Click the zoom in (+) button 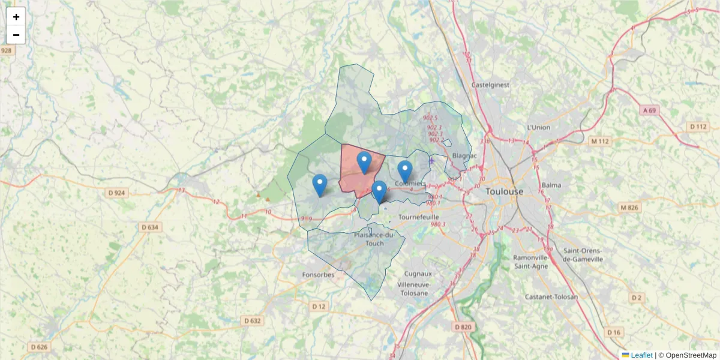(16, 17)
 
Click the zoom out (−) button (16, 35)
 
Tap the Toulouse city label (505, 191)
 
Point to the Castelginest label (491, 85)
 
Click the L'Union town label (538, 127)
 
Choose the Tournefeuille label (419, 217)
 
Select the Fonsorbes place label (318, 275)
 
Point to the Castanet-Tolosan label (551, 297)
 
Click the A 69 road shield (649, 110)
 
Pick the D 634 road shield (150, 227)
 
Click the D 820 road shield (463, 327)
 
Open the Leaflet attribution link (641, 355)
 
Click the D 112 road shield (698, 127)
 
